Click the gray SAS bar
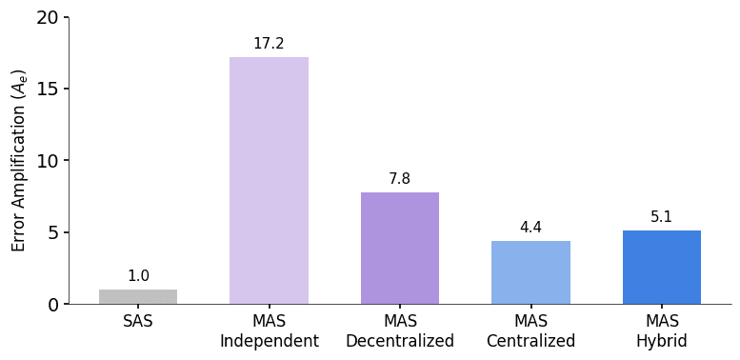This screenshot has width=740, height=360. (x=138, y=296)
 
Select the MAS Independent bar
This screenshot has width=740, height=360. (x=269, y=181)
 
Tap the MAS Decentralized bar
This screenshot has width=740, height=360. (x=400, y=248)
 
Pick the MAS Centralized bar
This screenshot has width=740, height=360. (x=530, y=272)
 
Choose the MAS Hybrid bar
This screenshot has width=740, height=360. (x=662, y=267)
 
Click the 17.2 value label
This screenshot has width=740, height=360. (x=269, y=44)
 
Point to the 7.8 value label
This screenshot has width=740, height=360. (x=400, y=179)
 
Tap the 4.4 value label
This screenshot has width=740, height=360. (x=530, y=228)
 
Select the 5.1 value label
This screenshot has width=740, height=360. (x=662, y=217)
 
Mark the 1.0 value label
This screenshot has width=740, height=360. (x=138, y=276)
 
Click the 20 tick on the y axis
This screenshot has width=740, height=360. (x=48, y=17)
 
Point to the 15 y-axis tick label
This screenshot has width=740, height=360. (x=48, y=89)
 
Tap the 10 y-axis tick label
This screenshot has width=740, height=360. (x=48, y=161)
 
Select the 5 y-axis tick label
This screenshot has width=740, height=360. (x=53, y=232)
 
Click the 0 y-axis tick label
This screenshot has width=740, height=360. (x=53, y=305)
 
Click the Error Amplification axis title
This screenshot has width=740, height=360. (x=19, y=160)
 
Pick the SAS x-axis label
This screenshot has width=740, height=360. (x=138, y=322)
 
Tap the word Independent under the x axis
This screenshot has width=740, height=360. (x=269, y=341)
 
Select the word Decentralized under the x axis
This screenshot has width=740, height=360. (x=400, y=341)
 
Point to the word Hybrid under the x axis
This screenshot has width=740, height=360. (x=662, y=341)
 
